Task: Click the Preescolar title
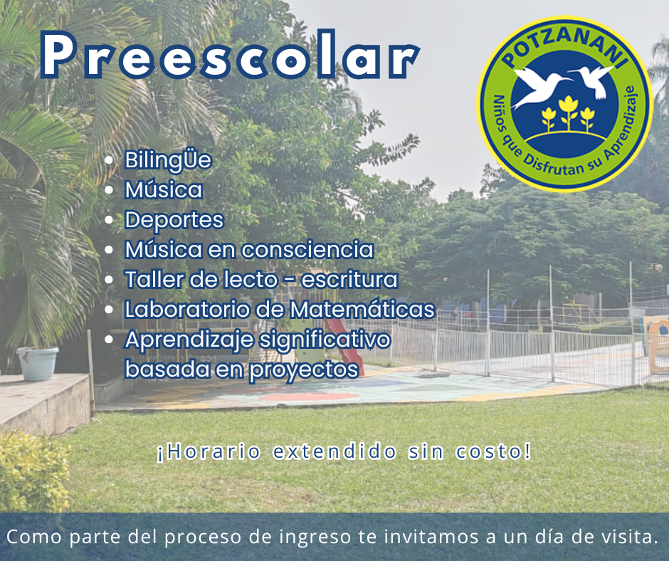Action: coord(231,55)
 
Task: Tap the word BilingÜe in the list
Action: coord(168,161)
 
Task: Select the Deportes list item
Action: coord(174,221)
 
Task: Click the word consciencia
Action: coord(308,249)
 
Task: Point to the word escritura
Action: coord(349,280)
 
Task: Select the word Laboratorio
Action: coord(187,309)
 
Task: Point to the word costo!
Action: coord(494,451)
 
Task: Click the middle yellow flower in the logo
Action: coord(568,112)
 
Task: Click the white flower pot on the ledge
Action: coord(38,363)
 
